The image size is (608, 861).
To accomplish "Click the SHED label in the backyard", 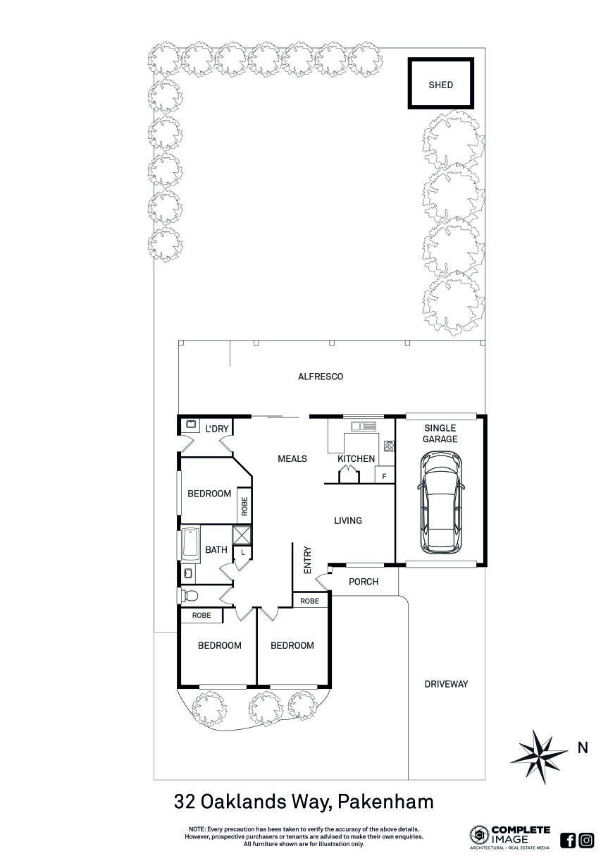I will pos(440,85).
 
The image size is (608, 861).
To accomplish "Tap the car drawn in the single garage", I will pos(440,503).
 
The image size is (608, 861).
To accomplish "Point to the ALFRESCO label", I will pos(321,377).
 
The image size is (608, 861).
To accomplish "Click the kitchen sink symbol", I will pos(364,425).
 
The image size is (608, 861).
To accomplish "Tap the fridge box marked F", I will pos(384,476).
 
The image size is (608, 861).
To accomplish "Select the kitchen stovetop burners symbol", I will pos(389,446).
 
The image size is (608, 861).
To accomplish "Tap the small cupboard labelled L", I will pos(242,553).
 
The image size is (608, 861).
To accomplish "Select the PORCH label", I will pos(364,582).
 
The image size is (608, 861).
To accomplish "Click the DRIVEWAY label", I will pos(445,684).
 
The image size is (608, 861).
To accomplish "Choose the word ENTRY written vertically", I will pos(308,560).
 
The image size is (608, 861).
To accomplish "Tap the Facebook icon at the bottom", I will pos(568,840).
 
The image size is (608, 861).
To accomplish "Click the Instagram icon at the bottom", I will pos(586,840).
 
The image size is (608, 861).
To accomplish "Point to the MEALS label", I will pos(292,458).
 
